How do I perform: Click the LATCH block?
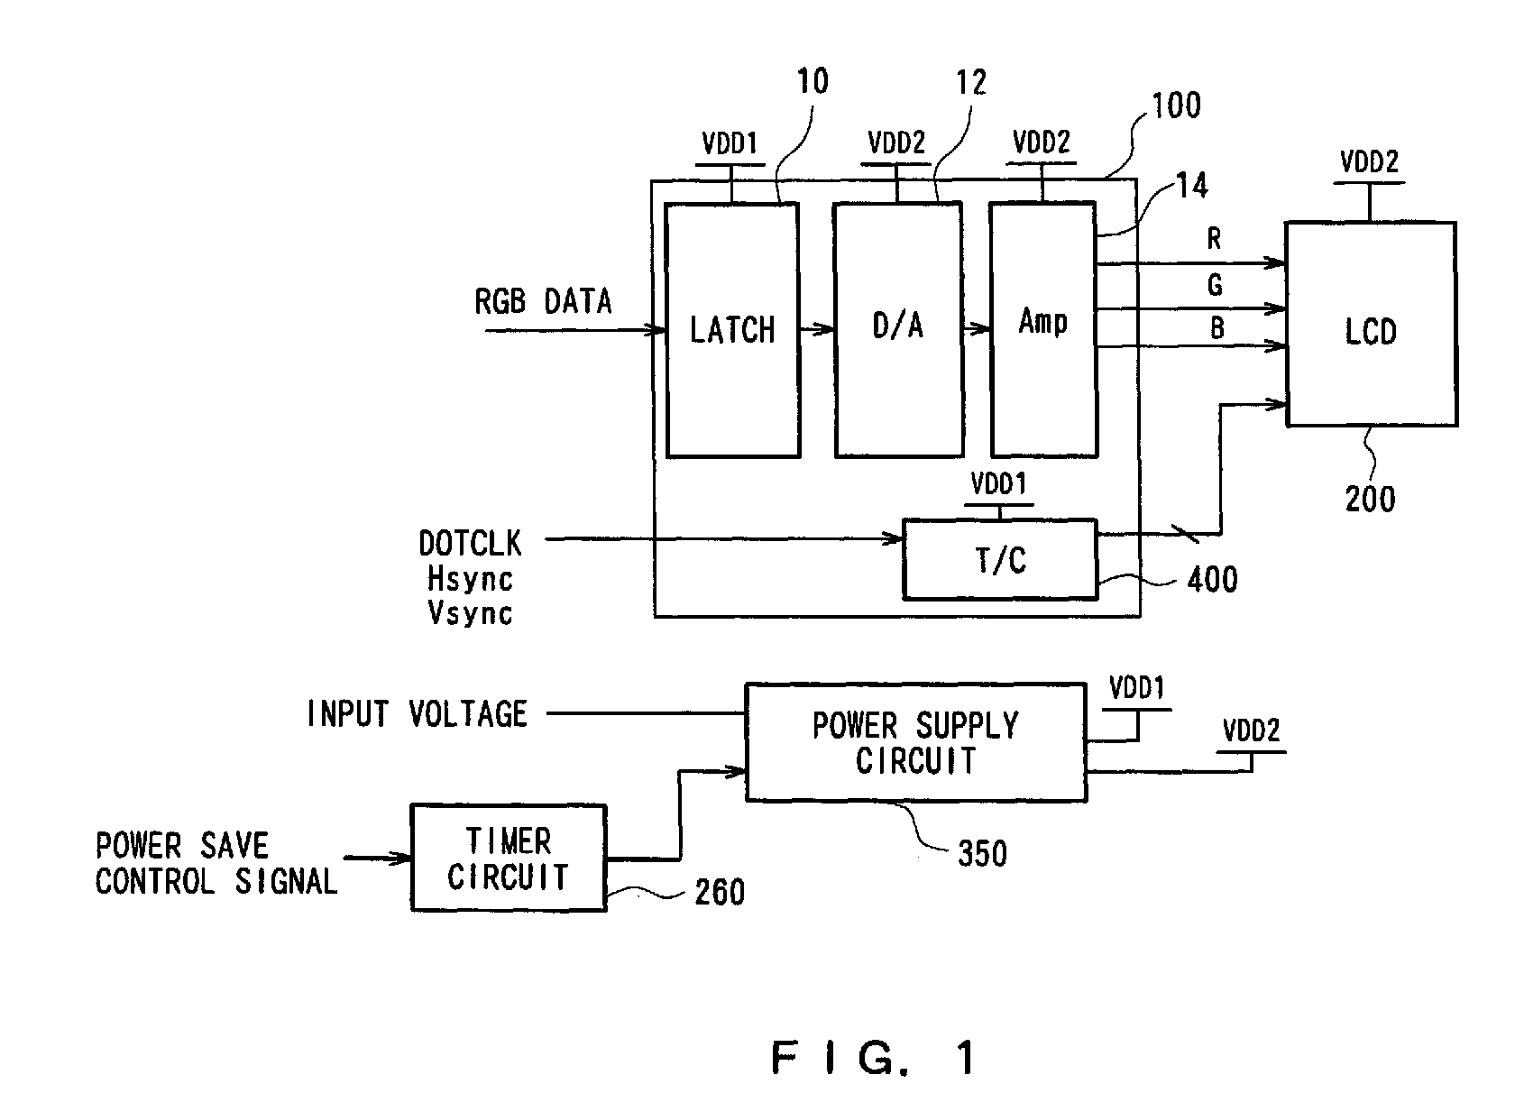(732, 331)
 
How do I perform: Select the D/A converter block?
(899, 330)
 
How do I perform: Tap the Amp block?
(1042, 329)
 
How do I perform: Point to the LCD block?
(1371, 324)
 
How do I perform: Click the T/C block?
(999, 559)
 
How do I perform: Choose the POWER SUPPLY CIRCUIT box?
(916, 743)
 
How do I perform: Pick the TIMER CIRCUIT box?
(508, 858)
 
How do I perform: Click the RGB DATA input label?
(543, 301)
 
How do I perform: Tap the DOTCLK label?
(470, 543)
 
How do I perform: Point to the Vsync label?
(470, 613)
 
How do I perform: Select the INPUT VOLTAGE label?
(417, 713)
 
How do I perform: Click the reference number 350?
(983, 853)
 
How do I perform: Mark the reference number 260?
(720, 892)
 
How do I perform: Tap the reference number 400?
(1212, 580)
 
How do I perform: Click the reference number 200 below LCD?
(1370, 500)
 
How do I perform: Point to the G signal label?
(1215, 285)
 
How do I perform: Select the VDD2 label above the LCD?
(1369, 162)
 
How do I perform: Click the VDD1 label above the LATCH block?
(729, 143)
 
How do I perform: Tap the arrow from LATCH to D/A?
(817, 329)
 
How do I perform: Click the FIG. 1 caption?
(873, 1057)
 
